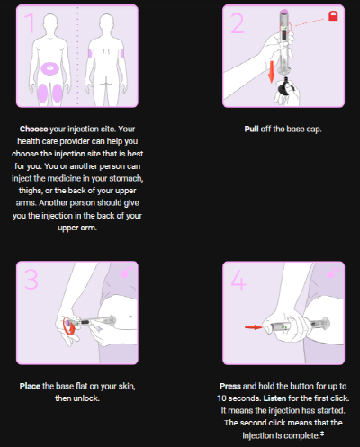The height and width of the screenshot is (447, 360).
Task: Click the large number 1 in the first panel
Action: [31, 22]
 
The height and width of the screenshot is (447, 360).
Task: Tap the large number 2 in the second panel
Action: [237, 23]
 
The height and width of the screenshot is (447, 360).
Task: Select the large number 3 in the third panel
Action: [31, 279]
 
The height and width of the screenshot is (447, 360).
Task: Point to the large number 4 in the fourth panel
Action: [238, 280]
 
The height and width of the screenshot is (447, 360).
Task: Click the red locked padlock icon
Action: [333, 15]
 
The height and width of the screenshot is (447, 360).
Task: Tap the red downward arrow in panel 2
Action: [271, 71]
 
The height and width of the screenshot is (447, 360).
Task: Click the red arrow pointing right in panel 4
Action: [254, 327]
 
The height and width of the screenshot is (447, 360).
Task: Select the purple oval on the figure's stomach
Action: [50, 68]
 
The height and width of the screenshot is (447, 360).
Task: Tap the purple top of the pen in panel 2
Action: [284, 12]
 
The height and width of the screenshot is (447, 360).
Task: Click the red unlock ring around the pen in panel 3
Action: [68, 326]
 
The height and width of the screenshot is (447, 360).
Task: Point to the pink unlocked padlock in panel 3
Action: [127, 273]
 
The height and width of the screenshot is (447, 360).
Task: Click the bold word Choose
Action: [33, 129]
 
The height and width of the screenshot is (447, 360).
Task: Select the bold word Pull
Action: [251, 129]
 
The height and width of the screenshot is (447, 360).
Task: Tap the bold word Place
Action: [30, 386]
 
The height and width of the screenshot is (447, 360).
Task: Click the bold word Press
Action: [230, 386]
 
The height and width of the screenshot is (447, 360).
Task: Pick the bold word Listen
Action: [274, 398]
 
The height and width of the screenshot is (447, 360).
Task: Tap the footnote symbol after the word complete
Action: [322, 434]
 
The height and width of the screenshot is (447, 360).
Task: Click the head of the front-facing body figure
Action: [50, 23]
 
